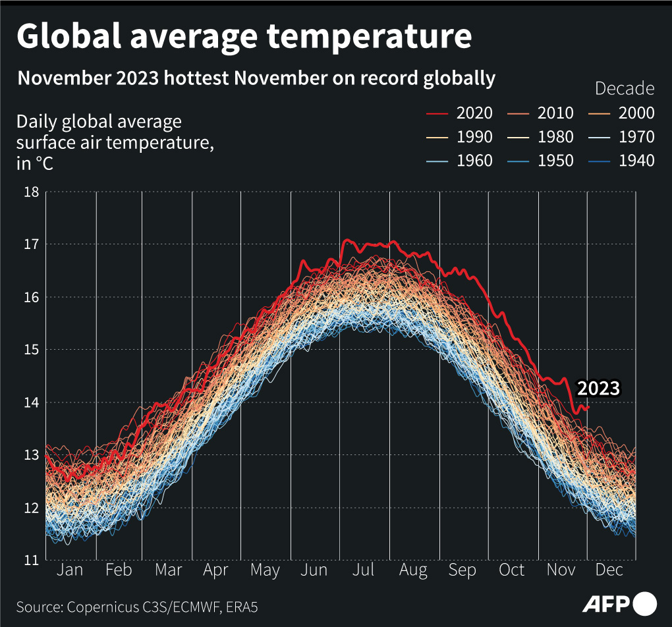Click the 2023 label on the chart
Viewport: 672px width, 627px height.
pyautogui.click(x=598, y=388)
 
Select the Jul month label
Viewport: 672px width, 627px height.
pyautogui.click(x=364, y=570)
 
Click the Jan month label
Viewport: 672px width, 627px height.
pyautogui.click(x=70, y=570)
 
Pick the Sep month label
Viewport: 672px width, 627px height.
pyautogui.click(x=462, y=570)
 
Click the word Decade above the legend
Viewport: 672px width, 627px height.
pyautogui.click(x=624, y=88)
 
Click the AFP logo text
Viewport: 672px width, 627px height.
pyautogui.click(x=605, y=603)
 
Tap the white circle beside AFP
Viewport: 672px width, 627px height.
pyautogui.click(x=645, y=603)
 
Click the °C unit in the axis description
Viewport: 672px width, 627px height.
pyautogui.click(x=44, y=163)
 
